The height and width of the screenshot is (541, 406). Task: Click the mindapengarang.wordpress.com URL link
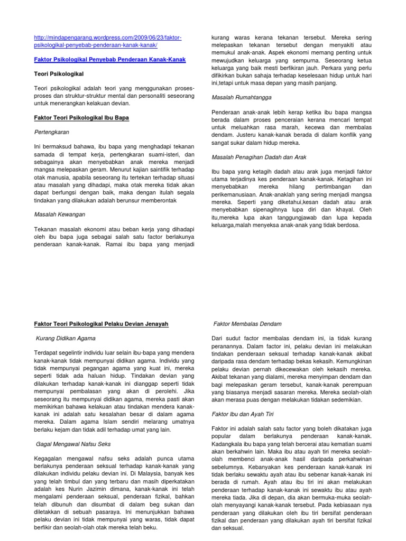[x=107, y=42]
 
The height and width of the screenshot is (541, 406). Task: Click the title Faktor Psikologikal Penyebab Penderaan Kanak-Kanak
[x=109, y=61]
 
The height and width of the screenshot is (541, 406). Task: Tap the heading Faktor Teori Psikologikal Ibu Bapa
[x=81, y=117]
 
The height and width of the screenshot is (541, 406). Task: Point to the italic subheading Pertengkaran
[x=52, y=131]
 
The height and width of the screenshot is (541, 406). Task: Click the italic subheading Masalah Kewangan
[x=59, y=214]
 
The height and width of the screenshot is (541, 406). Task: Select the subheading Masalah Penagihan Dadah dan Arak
[x=259, y=157]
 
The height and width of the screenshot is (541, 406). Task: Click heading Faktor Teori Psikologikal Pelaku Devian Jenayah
[x=101, y=323]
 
